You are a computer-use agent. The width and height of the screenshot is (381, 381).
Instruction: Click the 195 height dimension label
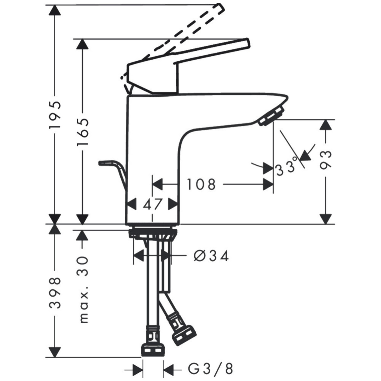pos(56,115)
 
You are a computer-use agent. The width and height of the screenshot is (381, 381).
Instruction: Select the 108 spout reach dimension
pos(201,184)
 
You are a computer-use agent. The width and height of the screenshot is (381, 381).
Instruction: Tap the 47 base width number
pos(153,205)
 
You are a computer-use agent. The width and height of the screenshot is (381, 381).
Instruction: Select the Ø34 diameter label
pos(211,256)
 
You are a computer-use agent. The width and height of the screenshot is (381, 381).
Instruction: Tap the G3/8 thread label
pos(211,369)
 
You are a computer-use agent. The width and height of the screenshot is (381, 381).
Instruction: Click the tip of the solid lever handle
pos(247,44)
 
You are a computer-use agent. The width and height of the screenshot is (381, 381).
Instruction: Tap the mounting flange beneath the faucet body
pos(153,233)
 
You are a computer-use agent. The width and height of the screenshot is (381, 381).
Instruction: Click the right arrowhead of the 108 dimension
pos(268,184)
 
